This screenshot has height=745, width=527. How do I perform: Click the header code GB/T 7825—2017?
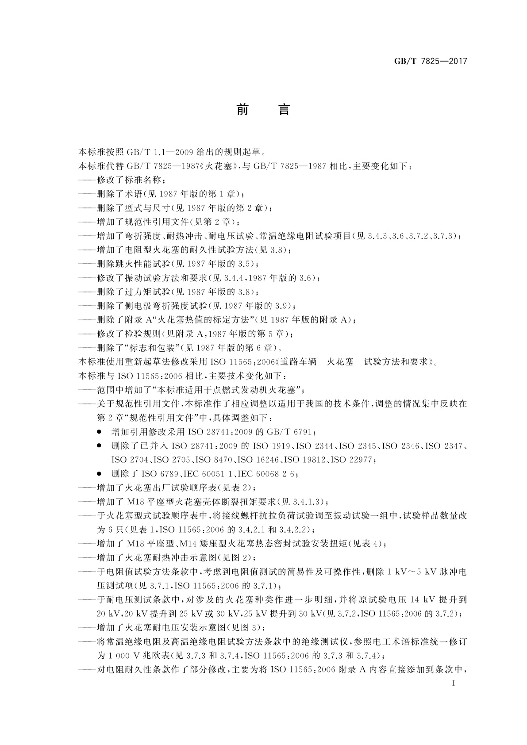(x=431, y=61)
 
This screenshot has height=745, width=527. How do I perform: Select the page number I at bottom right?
(x=454, y=683)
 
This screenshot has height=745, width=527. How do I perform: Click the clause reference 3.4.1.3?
(x=308, y=502)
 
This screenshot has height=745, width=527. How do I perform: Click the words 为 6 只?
(x=109, y=530)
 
